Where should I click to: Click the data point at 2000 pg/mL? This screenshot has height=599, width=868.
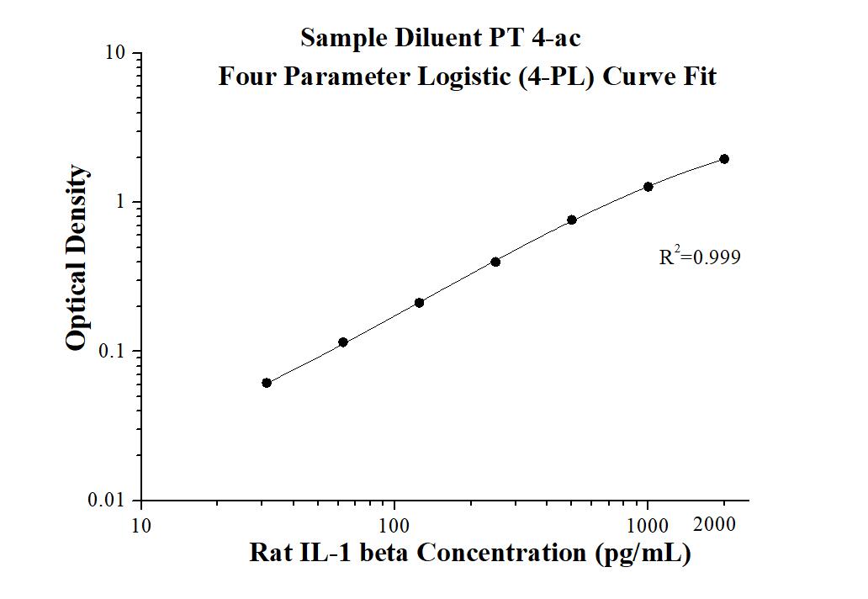[723, 159]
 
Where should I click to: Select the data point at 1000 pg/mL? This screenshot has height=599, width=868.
[648, 187]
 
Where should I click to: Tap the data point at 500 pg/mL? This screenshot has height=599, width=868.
[572, 220]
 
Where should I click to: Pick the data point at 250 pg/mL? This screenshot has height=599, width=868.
[495, 262]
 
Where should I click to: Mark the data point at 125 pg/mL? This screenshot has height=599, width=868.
[419, 303]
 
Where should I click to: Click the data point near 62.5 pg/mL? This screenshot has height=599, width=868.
[343, 342]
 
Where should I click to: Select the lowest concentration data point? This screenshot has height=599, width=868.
[267, 383]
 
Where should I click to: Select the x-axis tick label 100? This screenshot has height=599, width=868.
[394, 527]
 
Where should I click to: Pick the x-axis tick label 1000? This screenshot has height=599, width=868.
[648, 527]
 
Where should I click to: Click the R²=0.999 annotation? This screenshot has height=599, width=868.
[700, 257]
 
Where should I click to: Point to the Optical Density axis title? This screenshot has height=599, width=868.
[77, 258]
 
